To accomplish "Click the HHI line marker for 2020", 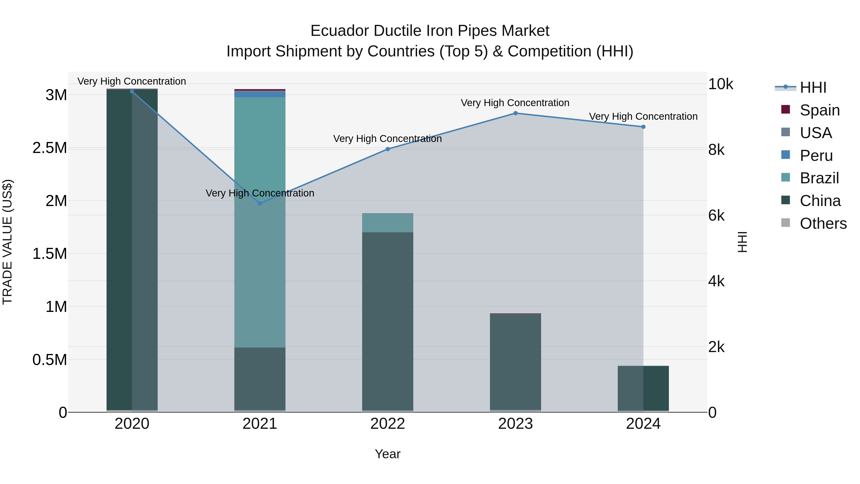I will pyautogui.click(x=132, y=91).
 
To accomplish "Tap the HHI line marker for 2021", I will pyautogui.click(x=260, y=203).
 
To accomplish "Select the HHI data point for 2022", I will pyautogui.click(x=388, y=149).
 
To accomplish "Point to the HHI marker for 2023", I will pyautogui.click(x=516, y=113).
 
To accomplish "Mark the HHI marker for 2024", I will pyautogui.click(x=643, y=127).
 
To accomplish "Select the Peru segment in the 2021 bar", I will pyautogui.click(x=260, y=94).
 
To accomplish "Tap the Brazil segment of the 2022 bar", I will pyautogui.click(x=388, y=223).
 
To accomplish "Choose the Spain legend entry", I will pyautogui.click(x=820, y=110).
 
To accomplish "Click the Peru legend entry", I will pyautogui.click(x=816, y=156).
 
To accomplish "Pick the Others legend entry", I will pyautogui.click(x=823, y=223).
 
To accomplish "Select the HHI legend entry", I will pyautogui.click(x=813, y=87).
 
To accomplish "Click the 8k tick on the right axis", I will pyautogui.click(x=716, y=150).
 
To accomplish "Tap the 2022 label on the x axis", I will pyautogui.click(x=388, y=424).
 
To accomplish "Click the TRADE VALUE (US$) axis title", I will pyautogui.click(x=7, y=242).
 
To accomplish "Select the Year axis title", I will pyautogui.click(x=388, y=454).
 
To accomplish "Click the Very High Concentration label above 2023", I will pyautogui.click(x=515, y=103).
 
